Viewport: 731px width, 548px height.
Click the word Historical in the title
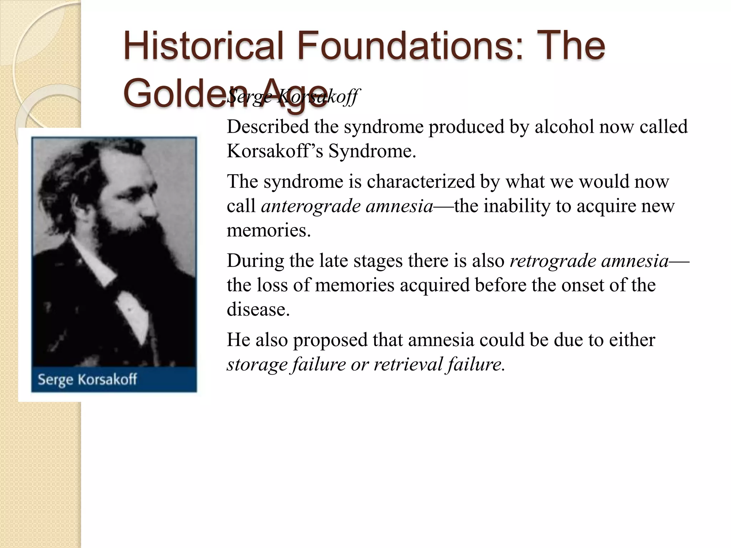pyautogui.click(x=203, y=46)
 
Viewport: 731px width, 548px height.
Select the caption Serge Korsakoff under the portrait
pyautogui.click(x=87, y=379)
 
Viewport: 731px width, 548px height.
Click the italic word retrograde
pyautogui.click(x=553, y=261)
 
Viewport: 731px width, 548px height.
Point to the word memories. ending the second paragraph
pyautogui.click(x=269, y=230)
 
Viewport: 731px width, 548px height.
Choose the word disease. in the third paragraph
pyautogui.click(x=258, y=309)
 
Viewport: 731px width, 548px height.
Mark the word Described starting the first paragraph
pyautogui.click(x=268, y=127)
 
